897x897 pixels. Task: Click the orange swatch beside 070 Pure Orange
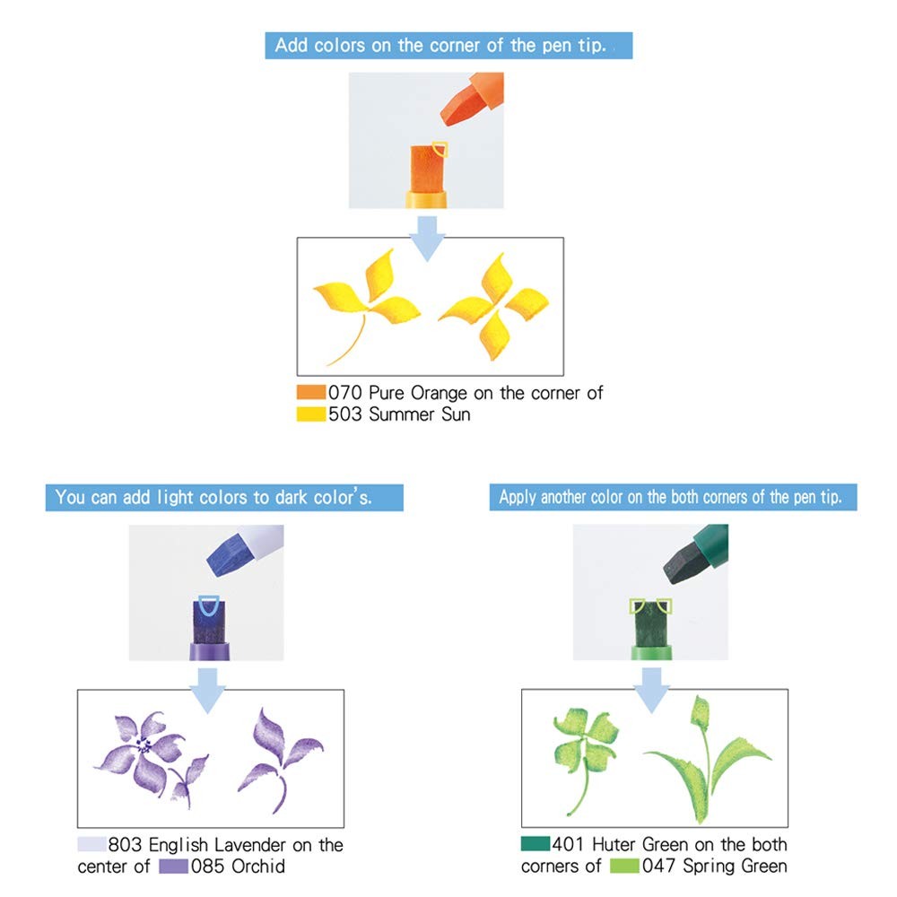(311, 392)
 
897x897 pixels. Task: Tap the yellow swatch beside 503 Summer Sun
(311, 414)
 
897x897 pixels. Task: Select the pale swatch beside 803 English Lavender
(92, 844)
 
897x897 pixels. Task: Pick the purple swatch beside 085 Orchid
(173, 867)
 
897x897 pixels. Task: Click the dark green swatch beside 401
(536, 843)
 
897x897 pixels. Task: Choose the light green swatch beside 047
(624, 866)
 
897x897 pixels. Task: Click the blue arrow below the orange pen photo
(427, 239)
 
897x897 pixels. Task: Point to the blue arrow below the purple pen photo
(208, 691)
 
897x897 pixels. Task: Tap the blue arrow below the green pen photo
(651, 691)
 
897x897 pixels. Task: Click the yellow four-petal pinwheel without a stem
(493, 307)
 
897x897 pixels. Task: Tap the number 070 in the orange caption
(345, 393)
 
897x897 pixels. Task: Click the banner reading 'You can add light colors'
(224, 497)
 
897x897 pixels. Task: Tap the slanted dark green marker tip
(685, 562)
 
